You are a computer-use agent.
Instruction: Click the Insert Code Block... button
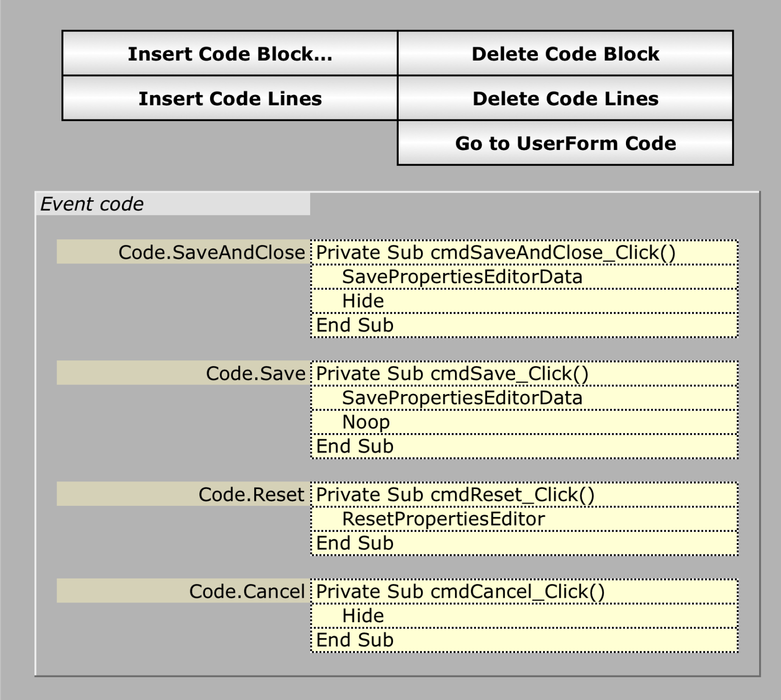[x=230, y=54]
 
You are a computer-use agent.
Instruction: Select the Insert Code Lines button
[x=230, y=99]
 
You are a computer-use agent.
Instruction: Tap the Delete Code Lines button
[x=565, y=99]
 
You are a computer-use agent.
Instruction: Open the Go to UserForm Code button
[x=565, y=143]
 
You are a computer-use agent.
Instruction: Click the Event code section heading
[x=92, y=204]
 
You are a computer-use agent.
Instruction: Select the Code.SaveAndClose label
[x=211, y=253]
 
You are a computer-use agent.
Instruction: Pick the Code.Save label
[x=255, y=374]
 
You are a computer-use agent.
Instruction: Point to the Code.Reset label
[x=251, y=495]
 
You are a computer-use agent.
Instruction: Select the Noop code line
[x=366, y=422]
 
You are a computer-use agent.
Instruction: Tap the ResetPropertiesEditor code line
[x=443, y=519]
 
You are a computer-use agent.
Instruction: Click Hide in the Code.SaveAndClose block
[x=363, y=301]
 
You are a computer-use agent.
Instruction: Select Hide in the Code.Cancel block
[x=363, y=616]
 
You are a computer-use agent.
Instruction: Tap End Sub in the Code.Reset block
[x=355, y=543]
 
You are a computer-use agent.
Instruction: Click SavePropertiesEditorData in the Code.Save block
[x=462, y=398]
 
